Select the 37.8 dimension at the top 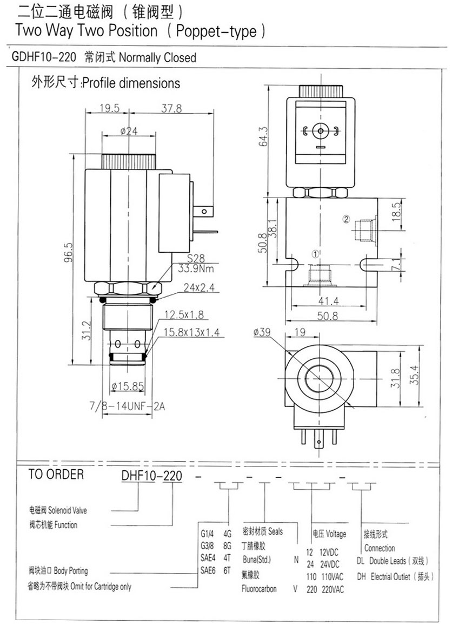[171, 108]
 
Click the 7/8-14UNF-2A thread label [128, 405]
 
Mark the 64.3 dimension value [263, 137]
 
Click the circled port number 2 [347, 219]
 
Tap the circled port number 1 [316, 253]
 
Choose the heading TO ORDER [56, 475]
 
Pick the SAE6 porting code [209, 570]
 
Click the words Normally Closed [157, 57]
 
